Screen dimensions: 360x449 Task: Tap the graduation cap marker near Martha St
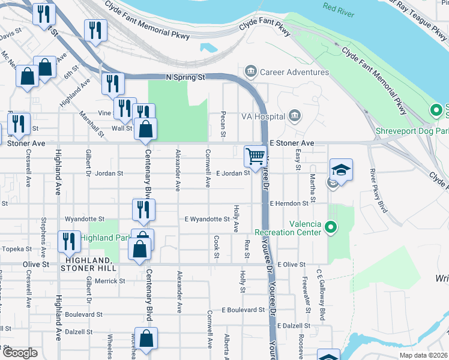[341, 170]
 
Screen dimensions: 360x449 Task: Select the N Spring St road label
[185, 77]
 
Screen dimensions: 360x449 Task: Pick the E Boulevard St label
[243, 310]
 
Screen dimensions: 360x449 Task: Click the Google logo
[20, 353]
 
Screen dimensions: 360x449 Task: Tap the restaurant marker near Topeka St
[69, 241]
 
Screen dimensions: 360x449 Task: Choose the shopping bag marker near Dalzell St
[146, 338]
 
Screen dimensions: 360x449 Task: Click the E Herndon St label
[289, 203]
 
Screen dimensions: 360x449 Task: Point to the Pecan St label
[223, 124]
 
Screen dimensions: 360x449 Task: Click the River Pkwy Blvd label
[378, 191]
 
